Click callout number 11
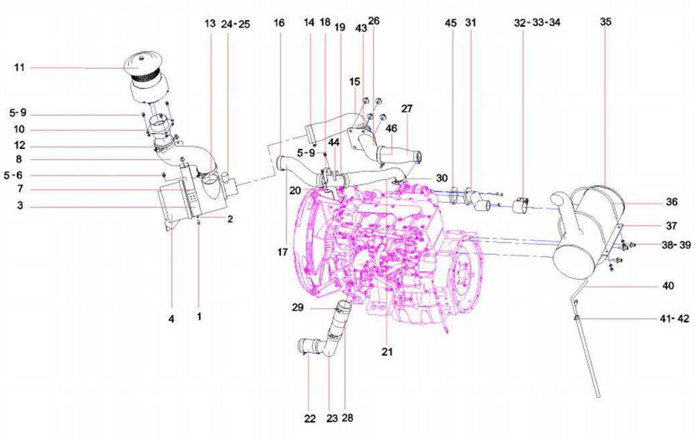point(19,67)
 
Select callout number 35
point(606,22)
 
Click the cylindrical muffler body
point(589,221)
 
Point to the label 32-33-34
point(537,22)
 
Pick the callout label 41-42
point(674,319)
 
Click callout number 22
point(309,419)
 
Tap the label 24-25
point(236,23)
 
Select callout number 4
point(171,320)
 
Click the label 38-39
point(676,245)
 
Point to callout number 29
point(298,308)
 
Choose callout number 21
point(387,351)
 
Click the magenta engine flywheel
point(462,274)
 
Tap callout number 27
point(408,109)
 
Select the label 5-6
point(15,176)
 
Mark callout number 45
point(451,23)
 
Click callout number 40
point(668,286)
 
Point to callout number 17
point(283,253)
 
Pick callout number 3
point(20,207)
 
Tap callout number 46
point(392,128)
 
